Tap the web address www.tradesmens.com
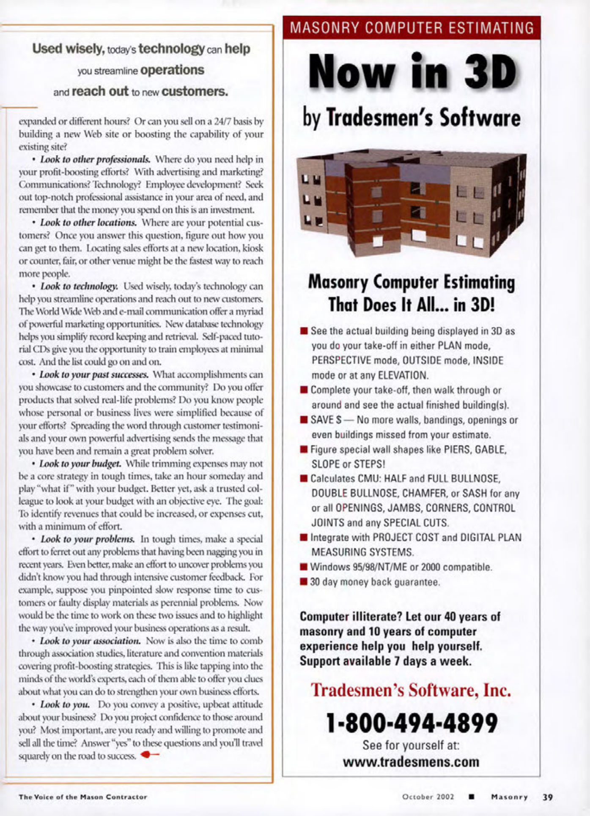point(411,762)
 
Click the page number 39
point(548,797)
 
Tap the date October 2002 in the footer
point(428,797)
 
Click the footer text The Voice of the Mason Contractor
point(82,797)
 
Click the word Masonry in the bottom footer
point(509,797)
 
